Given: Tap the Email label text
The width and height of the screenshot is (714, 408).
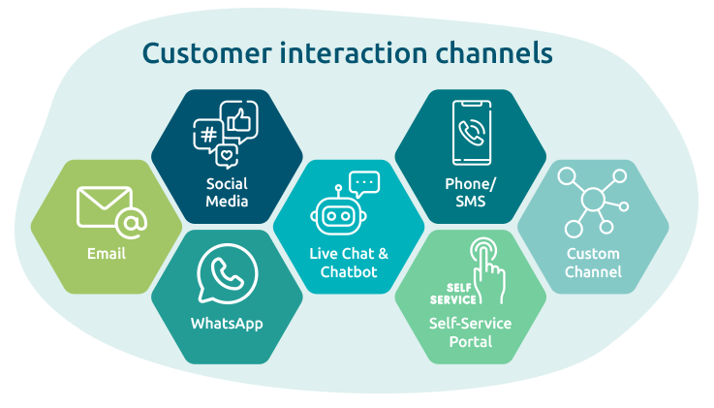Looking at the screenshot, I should click(107, 255).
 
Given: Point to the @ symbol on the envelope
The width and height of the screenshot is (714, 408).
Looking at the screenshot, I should click(131, 225).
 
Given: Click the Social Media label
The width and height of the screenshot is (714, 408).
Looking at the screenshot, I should click(227, 192).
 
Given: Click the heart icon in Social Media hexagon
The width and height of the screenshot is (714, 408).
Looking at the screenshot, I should click(227, 154).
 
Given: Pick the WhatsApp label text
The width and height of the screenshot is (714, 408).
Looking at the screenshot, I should click(227, 324).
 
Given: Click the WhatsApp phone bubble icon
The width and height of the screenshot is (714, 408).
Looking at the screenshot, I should click(227, 275).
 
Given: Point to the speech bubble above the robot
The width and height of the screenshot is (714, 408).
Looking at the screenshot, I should click(364, 181).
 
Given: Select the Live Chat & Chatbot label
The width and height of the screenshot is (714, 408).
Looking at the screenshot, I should click(349, 263).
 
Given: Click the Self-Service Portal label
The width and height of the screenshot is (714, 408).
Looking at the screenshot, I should click(471, 332).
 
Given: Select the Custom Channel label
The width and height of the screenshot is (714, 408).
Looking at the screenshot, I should click(593, 263).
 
